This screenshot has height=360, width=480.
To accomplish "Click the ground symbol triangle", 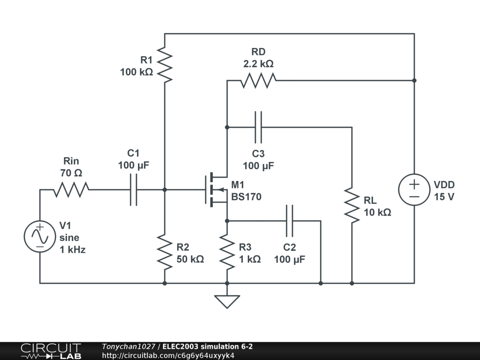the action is pyautogui.click(x=227, y=301).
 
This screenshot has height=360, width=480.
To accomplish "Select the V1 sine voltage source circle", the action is pyautogui.click(x=40, y=237).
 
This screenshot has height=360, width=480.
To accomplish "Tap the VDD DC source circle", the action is pyautogui.click(x=414, y=190).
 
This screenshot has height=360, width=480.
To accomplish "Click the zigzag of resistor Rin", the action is pyautogui.click(x=71, y=190).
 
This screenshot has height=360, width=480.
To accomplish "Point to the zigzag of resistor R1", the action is pyautogui.click(x=165, y=65).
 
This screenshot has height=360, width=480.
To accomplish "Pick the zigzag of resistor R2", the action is pyautogui.click(x=165, y=252).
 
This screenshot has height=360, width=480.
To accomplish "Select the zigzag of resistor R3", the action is pyautogui.click(x=227, y=252).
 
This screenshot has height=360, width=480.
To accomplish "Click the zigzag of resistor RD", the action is pyautogui.click(x=258, y=81).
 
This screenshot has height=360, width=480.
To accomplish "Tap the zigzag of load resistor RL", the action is pyautogui.click(x=352, y=205).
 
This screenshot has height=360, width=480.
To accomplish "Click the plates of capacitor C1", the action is pyautogui.click(x=134, y=190).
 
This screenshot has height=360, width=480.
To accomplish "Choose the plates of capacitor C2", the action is pyautogui.click(x=290, y=221).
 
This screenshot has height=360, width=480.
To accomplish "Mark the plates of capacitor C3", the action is pyautogui.click(x=258, y=127).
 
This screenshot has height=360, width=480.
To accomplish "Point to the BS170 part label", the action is pyautogui.click(x=247, y=197).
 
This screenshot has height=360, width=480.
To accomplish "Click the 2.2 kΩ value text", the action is pyautogui.click(x=258, y=64).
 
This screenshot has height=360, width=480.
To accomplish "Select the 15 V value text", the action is pyautogui.click(x=444, y=197).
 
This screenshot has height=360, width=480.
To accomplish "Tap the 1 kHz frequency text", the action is pyautogui.click(x=73, y=250).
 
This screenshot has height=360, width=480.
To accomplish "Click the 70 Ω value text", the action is pyautogui.click(x=71, y=173).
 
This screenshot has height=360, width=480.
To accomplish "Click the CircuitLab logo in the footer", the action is pyautogui.click(x=51, y=351).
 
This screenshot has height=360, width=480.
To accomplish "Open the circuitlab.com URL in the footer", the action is pyautogui.click(x=168, y=355).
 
